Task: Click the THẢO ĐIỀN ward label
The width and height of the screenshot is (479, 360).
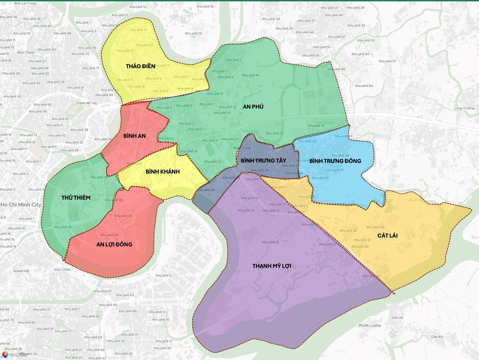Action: (x=140, y=66)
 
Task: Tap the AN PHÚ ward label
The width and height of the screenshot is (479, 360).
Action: (x=253, y=107)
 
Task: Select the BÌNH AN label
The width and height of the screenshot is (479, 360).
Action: (x=134, y=136)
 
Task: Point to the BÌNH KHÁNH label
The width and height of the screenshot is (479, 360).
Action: (x=162, y=171)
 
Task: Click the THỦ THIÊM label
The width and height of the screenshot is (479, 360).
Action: (x=76, y=198)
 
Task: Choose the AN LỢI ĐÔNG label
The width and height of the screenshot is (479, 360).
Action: (x=114, y=244)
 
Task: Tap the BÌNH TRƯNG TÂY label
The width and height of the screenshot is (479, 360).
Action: (x=263, y=161)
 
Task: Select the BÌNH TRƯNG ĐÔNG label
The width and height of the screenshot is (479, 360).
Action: (x=335, y=161)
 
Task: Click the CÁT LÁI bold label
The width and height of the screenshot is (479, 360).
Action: (x=387, y=235)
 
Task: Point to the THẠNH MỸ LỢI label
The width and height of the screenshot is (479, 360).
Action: (x=272, y=266)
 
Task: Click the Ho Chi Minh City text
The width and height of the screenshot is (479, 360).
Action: (x=21, y=205)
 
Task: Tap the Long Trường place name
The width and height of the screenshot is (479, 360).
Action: (x=464, y=108)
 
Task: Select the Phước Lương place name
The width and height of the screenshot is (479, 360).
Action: (x=369, y=325)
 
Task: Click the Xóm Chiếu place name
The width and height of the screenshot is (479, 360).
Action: (x=62, y=269)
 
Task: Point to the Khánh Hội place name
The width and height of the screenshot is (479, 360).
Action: (x=21, y=271)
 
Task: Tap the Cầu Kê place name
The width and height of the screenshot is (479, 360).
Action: (x=436, y=336)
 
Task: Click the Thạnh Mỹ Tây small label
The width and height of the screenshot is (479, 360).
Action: (x=86, y=103)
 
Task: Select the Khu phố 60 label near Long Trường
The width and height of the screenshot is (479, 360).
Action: (x=364, y=86)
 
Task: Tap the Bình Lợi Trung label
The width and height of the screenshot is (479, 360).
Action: (x=25, y=3)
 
